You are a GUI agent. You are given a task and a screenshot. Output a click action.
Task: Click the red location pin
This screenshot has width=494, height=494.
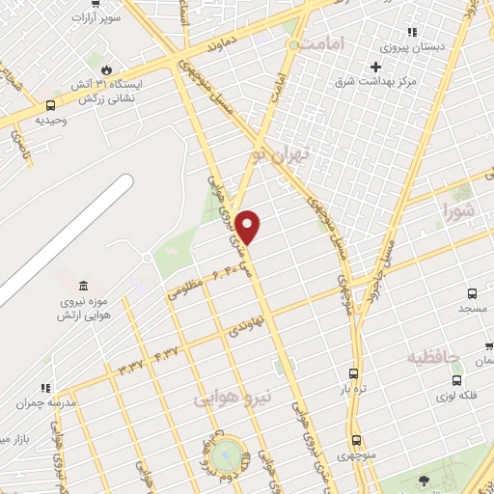[248, 226]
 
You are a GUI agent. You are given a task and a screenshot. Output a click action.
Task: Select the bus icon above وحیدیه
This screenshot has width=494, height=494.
[50, 105]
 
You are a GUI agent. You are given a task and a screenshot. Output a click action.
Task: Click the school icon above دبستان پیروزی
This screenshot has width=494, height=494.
[413, 31]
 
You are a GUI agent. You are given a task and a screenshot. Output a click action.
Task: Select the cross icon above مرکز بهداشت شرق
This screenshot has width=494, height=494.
[376, 67]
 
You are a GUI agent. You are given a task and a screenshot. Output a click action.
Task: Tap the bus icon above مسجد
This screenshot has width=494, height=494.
[472, 293]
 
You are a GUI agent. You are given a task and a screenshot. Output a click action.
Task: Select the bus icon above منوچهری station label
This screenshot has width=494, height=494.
[356, 440]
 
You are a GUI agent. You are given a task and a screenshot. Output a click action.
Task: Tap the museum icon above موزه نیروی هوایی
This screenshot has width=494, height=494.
[82, 286]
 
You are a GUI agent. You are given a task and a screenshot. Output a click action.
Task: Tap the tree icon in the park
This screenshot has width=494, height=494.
[423, 480]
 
